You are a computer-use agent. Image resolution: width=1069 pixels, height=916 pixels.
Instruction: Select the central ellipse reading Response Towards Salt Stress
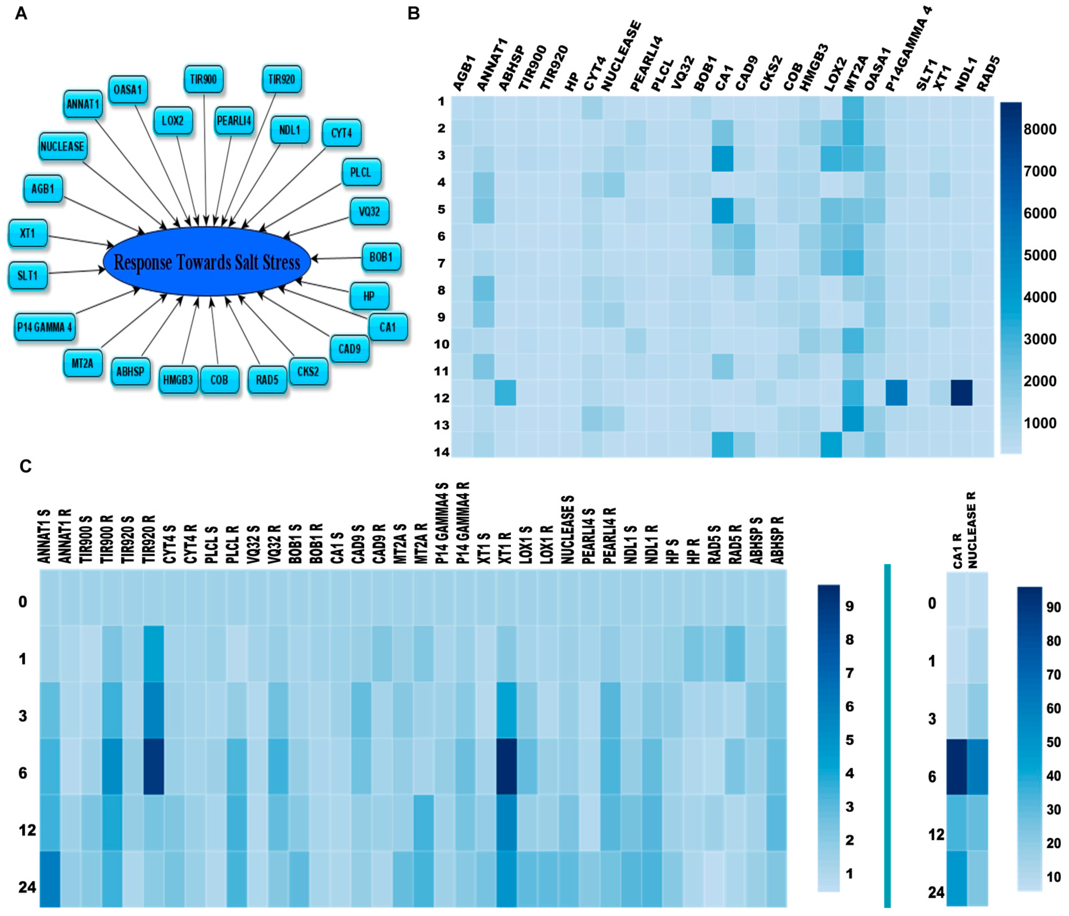206,261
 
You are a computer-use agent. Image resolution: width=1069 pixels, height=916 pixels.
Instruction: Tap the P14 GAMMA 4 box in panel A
44,327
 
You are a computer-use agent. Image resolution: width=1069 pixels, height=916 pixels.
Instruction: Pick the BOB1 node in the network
381,257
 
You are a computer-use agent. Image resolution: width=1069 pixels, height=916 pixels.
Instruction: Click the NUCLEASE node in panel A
62,147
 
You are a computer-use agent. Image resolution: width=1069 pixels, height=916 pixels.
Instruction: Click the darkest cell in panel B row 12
962,393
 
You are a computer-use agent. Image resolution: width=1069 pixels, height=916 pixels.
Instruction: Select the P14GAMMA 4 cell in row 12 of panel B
896,393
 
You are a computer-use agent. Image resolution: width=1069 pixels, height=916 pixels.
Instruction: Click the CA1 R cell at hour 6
957,767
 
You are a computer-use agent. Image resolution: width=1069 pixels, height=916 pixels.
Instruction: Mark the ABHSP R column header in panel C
777,539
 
